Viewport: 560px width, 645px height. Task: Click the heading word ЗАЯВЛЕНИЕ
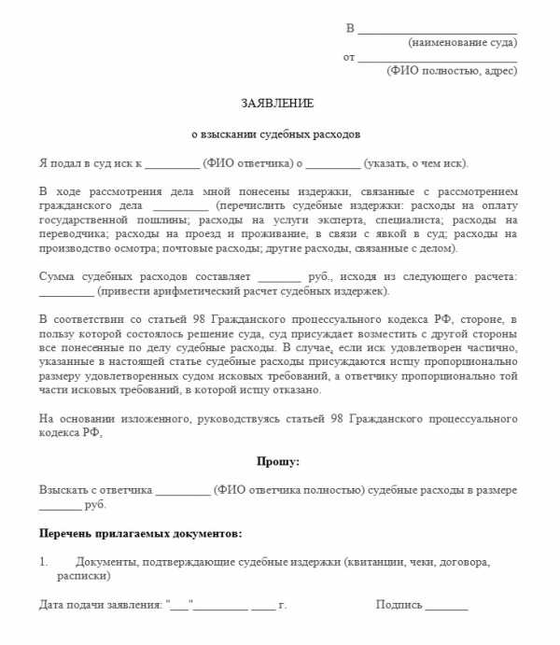click(279, 103)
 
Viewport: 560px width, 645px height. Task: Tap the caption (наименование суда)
click(462, 42)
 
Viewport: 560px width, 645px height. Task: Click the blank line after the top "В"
click(437, 30)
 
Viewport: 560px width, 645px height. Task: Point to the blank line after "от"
click(437, 59)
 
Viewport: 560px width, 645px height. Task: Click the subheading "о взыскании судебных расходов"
click(275, 133)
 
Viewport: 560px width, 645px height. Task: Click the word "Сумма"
click(59, 277)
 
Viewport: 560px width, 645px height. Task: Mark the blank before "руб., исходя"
click(279, 278)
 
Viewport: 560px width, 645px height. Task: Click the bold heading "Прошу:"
click(278, 461)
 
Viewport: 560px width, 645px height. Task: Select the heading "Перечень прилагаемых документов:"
click(141, 533)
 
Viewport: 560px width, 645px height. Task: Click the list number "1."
click(44, 562)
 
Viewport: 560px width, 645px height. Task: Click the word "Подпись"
click(399, 605)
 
